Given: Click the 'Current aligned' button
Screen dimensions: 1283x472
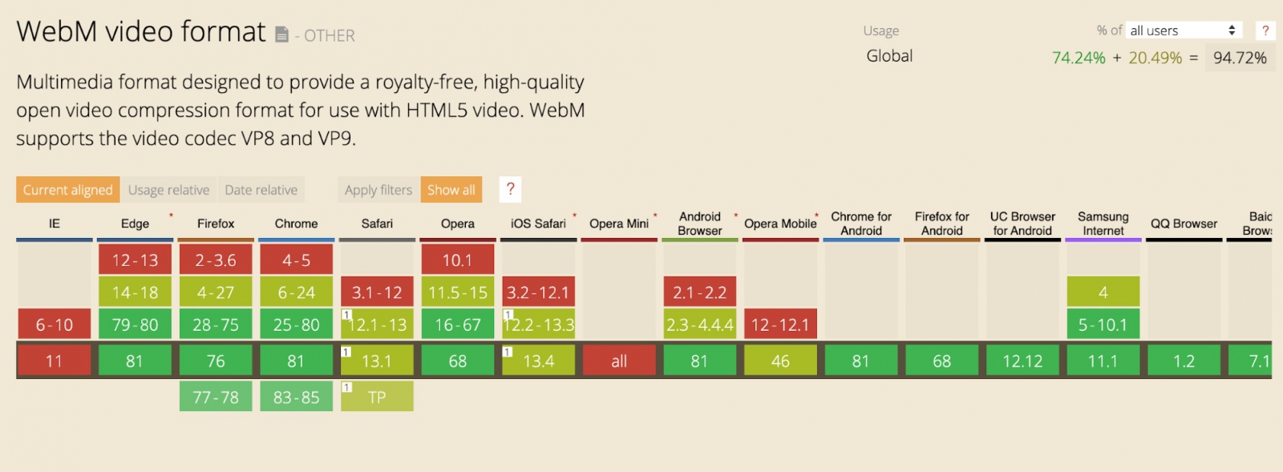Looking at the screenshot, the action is (67, 189).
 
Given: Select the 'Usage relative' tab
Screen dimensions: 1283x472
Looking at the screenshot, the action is (168, 189).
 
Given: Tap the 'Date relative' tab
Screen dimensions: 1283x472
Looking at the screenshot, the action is (261, 189).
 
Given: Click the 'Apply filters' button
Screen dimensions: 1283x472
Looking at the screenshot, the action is (378, 189).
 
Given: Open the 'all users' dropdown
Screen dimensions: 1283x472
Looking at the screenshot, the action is (1184, 30).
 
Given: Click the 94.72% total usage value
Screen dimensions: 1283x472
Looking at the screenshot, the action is (1240, 58).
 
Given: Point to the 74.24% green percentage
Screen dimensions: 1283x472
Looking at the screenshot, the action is (1079, 58).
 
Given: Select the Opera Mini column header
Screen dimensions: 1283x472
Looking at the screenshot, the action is (618, 224).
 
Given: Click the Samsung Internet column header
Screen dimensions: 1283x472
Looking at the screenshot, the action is (1103, 224).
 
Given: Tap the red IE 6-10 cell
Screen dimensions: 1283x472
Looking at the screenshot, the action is (55, 325).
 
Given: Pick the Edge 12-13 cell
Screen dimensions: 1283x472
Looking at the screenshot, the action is (135, 260).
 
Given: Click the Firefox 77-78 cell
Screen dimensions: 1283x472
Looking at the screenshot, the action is (216, 397).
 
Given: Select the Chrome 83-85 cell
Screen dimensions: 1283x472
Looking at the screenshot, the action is (296, 397).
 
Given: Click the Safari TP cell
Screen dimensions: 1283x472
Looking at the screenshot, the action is (377, 397).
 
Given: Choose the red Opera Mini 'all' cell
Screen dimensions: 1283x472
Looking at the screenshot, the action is (619, 361).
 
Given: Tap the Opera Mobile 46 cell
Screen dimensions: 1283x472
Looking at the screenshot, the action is (780, 361).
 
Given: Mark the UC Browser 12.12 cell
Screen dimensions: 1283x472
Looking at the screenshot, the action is (1022, 361).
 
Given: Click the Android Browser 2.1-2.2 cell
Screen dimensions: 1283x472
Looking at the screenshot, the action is (699, 292).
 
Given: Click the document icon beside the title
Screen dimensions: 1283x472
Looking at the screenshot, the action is (281, 34).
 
